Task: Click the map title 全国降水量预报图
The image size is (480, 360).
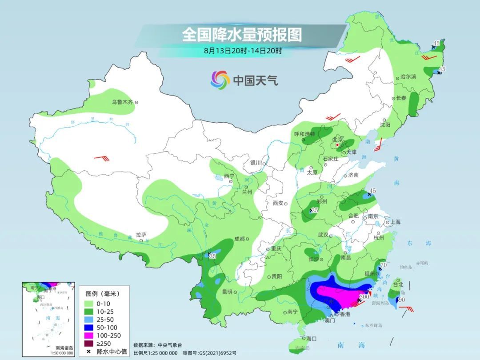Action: [241, 35]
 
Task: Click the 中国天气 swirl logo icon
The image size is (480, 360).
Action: [220, 80]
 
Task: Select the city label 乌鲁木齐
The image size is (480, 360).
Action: [123, 102]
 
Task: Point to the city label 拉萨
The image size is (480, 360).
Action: [141, 234]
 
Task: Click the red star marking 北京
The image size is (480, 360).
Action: [338, 145]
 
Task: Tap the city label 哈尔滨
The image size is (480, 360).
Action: [408, 77]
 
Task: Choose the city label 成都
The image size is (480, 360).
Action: [239, 239]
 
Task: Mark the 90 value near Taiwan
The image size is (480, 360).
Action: [402, 300]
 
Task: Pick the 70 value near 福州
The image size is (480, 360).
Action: [384, 265]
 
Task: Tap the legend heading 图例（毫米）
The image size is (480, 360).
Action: [102, 294]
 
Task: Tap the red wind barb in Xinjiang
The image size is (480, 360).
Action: [100, 158]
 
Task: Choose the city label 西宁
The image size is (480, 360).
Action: [229, 176]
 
